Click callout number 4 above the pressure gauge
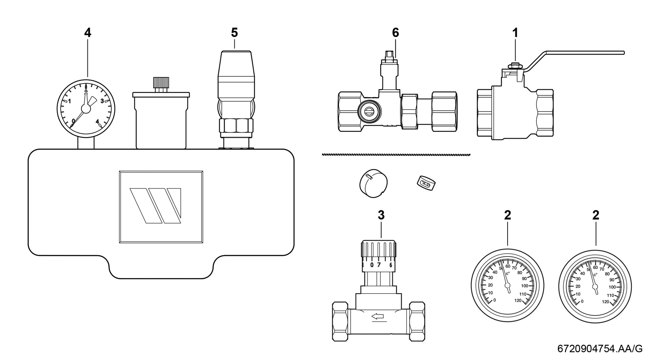[x=88, y=33]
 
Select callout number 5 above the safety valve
[x=234, y=33]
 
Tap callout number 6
[x=395, y=33]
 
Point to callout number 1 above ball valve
[x=515, y=33]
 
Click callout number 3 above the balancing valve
[x=381, y=215]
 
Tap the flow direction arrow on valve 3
[x=377, y=317]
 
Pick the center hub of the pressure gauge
[x=86, y=108]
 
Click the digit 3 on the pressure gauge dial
[x=102, y=101]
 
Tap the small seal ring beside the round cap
[x=426, y=184]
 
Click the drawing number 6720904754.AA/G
[x=600, y=348]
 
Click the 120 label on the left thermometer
[x=518, y=300]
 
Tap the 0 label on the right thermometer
[x=582, y=301]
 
